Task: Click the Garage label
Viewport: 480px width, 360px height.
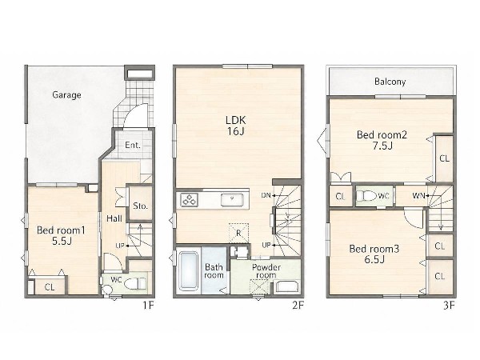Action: click(x=66, y=95)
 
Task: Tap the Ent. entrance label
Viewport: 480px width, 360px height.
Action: click(x=133, y=145)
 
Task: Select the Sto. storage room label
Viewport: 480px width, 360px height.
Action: click(x=141, y=206)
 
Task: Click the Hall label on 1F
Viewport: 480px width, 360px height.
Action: click(x=114, y=218)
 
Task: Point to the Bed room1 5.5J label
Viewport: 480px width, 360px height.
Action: click(x=62, y=235)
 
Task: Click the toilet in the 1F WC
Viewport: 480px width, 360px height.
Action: click(x=135, y=283)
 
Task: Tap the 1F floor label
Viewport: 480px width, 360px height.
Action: click(x=148, y=306)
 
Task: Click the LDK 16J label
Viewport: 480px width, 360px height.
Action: click(x=236, y=126)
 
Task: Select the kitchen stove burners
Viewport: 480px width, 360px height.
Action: click(x=189, y=200)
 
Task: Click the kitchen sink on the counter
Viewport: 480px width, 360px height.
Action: click(x=232, y=200)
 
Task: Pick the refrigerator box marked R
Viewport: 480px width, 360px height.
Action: click(x=238, y=234)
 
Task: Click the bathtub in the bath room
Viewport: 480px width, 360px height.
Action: click(x=188, y=270)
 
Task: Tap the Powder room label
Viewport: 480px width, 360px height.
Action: click(x=266, y=271)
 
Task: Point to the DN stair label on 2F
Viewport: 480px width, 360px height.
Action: click(x=266, y=195)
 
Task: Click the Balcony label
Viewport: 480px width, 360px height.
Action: click(x=390, y=82)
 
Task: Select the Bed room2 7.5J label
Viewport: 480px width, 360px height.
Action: click(x=382, y=140)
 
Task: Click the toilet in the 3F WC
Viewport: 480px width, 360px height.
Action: click(x=366, y=196)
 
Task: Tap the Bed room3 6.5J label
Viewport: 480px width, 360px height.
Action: click(x=374, y=254)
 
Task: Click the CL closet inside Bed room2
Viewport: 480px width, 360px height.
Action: click(x=445, y=158)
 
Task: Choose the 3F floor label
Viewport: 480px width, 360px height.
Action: click(x=449, y=306)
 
